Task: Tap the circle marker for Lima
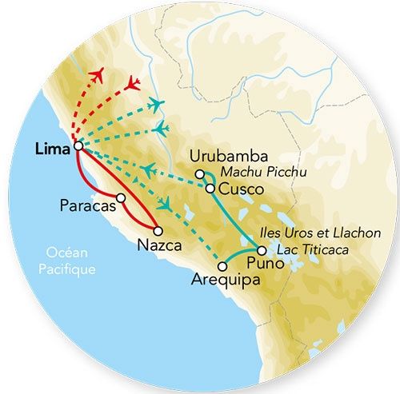[78, 146]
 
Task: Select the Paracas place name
[86, 205]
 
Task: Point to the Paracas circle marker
[120, 197]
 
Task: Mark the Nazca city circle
[169, 231]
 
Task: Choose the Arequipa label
[220, 281]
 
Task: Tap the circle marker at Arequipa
[222, 266]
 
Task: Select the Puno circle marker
[261, 251]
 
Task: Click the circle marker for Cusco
[210, 189]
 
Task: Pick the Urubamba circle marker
[199, 173]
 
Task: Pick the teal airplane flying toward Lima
[150, 168]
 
